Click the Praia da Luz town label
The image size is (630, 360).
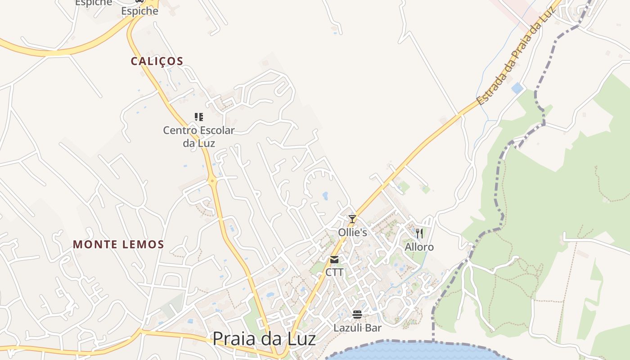[264, 339]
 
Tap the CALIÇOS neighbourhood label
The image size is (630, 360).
[157, 61]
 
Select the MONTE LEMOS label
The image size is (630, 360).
[118, 244]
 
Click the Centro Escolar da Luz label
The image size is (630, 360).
[199, 136]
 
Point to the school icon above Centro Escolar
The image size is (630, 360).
[199, 117]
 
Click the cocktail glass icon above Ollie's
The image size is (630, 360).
[352, 219]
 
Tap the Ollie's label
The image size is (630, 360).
[353, 233]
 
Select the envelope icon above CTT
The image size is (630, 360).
[334, 260]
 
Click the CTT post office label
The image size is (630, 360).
[334, 272]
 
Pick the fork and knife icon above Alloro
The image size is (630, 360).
[419, 233]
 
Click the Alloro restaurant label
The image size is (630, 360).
[419, 247]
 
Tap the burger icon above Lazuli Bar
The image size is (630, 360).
[357, 314]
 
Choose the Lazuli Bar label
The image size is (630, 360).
[357, 328]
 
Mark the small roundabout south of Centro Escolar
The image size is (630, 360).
[213, 180]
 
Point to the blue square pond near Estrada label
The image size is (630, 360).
[517, 88]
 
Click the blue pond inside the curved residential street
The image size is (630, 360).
[325, 196]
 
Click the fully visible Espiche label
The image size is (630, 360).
[140, 11]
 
